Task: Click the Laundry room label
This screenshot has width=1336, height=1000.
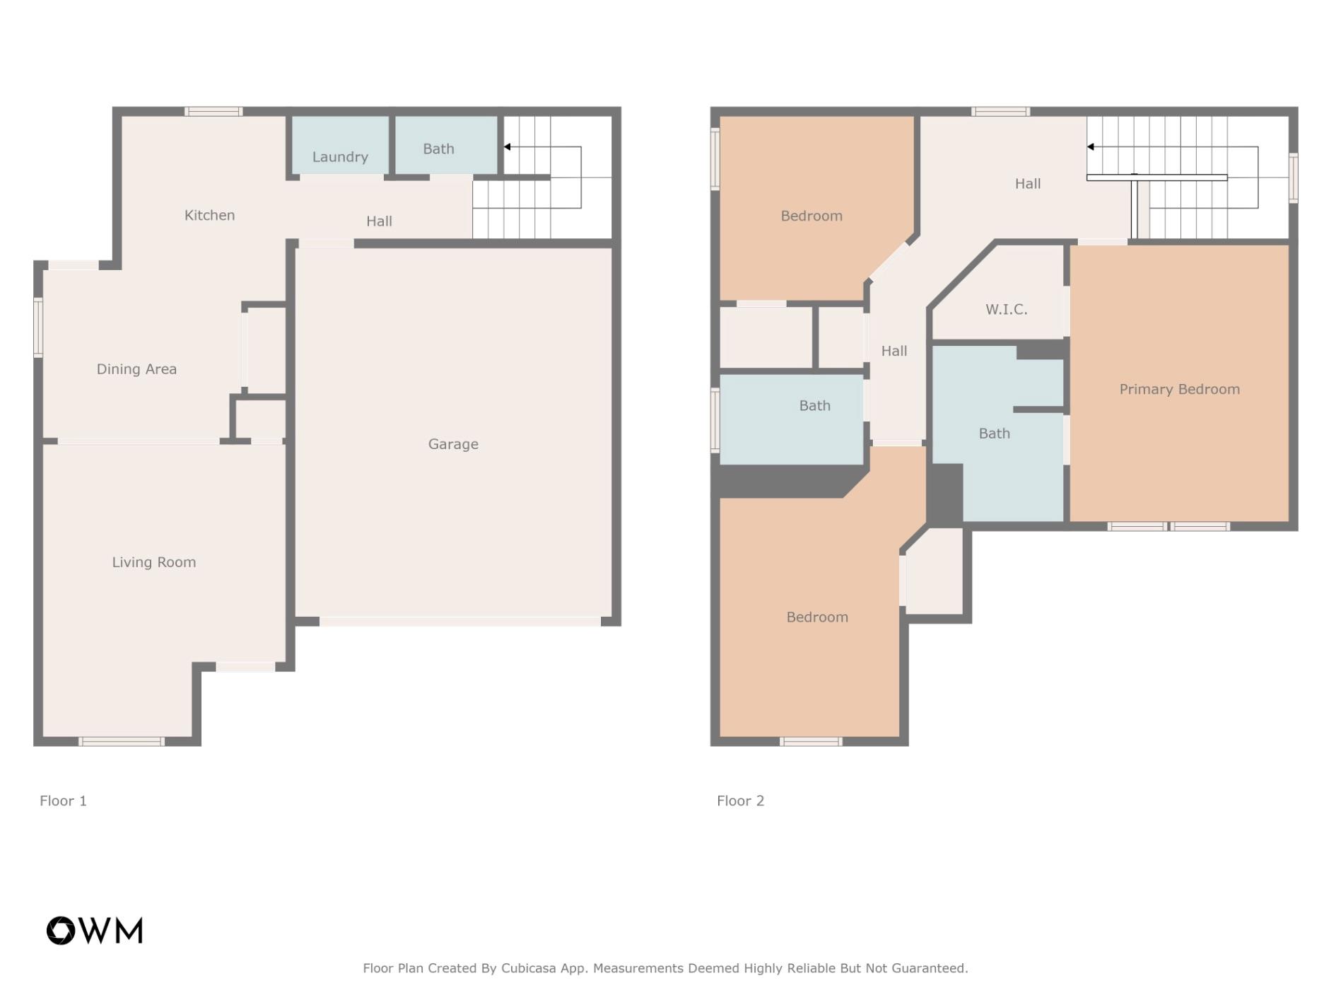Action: [x=340, y=157]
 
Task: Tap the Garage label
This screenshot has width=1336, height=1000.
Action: [x=453, y=444]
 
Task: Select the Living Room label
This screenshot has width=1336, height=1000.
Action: [x=154, y=562]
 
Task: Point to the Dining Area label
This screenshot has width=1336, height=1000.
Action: [x=136, y=369]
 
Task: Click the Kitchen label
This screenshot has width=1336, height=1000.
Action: [x=209, y=215]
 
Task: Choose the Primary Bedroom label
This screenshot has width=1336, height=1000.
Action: [x=1179, y=389]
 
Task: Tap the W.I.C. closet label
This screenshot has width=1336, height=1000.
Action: [x=1007, y=309]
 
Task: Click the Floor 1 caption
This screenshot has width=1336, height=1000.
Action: [x=63, y=801]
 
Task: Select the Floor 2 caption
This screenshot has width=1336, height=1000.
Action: [x=740, y=801]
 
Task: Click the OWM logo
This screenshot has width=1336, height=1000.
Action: [x=95, y=931]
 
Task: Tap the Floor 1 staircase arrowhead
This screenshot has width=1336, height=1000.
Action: [x=507, y=147]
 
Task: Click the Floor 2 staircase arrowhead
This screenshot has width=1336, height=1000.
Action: [x=1091, y=147]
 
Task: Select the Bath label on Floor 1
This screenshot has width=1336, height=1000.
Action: [x=438, y=149]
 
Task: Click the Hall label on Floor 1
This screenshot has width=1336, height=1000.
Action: [x=379, y=221]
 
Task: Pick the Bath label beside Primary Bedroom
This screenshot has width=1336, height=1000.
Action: [x=994, y=434]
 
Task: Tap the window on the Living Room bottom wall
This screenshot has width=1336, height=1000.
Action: [x=122, y=741]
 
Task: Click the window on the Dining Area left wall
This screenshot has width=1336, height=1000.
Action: [x=38, y=327]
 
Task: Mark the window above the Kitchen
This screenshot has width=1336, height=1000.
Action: [x=213, y=111]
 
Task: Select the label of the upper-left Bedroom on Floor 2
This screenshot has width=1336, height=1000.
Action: [x=811, y=216]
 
